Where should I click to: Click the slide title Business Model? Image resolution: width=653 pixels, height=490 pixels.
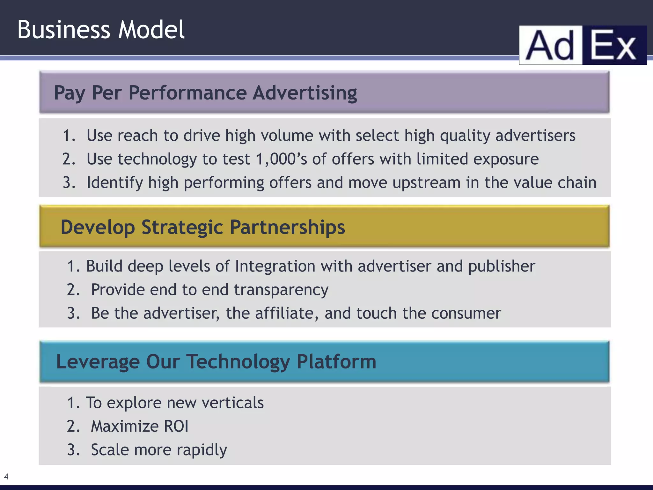coord(101,30)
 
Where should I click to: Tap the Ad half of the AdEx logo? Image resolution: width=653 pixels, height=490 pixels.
coord(551,46)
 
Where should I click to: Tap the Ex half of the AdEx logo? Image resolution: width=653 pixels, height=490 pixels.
coord(614,46)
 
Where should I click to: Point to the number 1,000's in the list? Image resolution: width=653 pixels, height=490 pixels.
coord(281,159)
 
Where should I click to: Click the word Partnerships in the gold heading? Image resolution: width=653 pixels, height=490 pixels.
coord(287,227)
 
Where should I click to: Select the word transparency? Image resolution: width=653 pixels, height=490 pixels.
coord(281,290)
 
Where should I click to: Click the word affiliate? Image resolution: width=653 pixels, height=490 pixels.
coord(286,313)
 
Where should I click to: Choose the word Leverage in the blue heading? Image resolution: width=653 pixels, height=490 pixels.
coord(98,362)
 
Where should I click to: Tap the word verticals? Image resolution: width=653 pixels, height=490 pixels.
coord(232,403)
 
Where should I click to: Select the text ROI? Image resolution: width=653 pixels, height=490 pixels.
coord(176,426)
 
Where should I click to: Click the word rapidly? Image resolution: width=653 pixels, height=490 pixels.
coord(202,450)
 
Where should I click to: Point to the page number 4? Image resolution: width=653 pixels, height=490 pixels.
coord(6,477)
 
